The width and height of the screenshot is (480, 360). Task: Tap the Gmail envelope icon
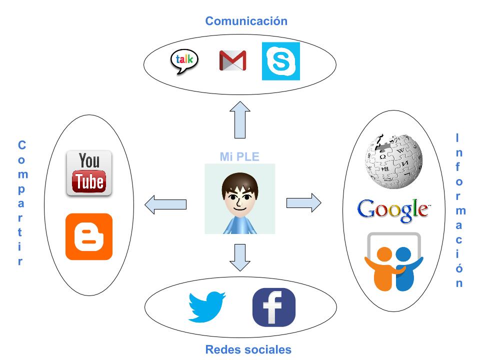point(232,60)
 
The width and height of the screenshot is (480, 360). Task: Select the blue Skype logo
point(281,61)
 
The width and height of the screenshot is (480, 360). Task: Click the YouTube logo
point(89,173)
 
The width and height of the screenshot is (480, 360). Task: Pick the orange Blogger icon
point(89,236)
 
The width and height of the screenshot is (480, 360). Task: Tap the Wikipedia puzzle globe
point(393,161)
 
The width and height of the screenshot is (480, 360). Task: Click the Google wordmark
point(393,208)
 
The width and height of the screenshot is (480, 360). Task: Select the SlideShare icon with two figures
point(393,261)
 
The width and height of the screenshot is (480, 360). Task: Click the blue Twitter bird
point(206,306)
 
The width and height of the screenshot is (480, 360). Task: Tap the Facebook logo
point(273,307)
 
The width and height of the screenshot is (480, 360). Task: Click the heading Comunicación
point(246,21)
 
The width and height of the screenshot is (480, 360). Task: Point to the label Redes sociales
point(248,349)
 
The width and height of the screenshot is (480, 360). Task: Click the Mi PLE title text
point(239,156)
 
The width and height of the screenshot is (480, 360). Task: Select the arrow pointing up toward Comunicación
point(240,119)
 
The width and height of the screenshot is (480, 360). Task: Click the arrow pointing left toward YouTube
point(165,204)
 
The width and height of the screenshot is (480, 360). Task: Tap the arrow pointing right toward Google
point(303,202)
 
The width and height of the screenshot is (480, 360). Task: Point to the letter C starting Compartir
point(21,145)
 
